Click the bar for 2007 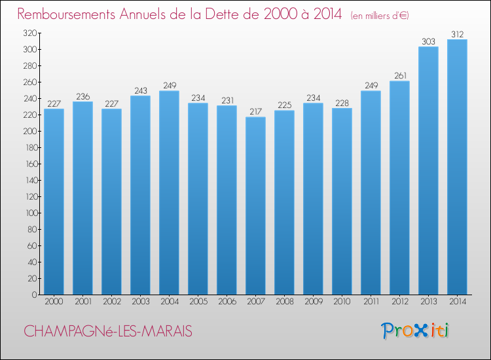pos(255,206)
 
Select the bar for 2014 pos(457,167)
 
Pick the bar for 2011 pos(371,192)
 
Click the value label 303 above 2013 pos(428,41)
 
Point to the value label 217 pos(255,111)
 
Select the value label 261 pos(399,75)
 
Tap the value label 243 pos(140,90)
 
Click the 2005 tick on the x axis pos(198,302)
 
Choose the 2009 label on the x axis pos(313,302)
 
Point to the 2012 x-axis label pos(399,302)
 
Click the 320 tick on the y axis pos(29,33)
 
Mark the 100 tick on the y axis pos(29,213)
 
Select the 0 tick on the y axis pos(33,295)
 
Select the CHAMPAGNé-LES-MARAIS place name pos(108,332)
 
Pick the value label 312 pos(457,34)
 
